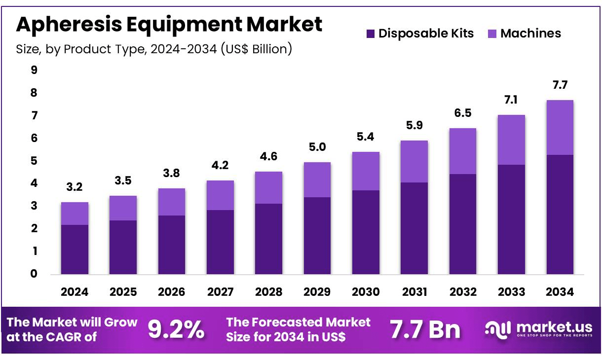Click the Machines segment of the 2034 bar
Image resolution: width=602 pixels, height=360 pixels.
point(560,127)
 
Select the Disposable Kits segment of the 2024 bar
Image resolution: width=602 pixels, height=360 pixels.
point(75,249)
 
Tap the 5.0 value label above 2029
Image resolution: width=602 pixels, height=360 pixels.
point(317,147)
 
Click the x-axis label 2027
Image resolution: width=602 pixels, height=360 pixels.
point(220,291)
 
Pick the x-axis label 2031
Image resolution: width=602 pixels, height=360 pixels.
point(414,291)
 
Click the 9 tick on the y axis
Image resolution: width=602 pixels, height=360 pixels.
point(34,70)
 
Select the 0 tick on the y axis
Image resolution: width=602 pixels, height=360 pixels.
point(34,274)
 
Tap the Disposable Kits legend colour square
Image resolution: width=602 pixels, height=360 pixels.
point(371,34)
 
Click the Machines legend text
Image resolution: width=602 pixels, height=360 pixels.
point(530,34)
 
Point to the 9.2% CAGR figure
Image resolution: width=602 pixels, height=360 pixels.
point(176,329)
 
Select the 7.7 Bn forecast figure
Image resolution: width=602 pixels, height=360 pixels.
point(425,329)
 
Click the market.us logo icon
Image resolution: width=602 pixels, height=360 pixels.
point(497,329)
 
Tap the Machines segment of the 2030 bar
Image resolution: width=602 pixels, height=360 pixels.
point(366,171)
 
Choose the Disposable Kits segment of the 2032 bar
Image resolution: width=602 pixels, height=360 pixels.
point(463,224)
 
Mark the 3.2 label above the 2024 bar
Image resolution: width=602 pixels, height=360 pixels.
point(75,187)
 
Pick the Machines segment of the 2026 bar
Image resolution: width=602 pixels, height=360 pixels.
point(172,202)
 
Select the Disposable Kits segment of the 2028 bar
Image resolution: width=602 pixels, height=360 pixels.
point(268,239)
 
